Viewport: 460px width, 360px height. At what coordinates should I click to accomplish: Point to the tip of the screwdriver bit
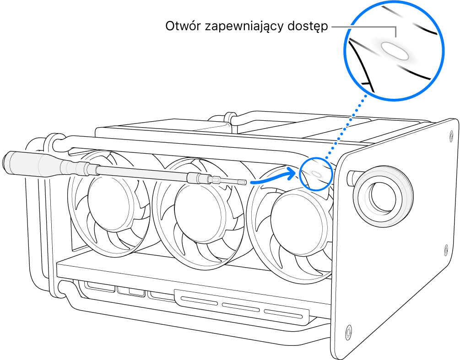click(x=246, y=183)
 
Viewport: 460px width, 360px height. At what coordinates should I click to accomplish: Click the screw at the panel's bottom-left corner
click(x=348, y=329)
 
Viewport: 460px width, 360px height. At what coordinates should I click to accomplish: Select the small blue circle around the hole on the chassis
click(x=315, y=173)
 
